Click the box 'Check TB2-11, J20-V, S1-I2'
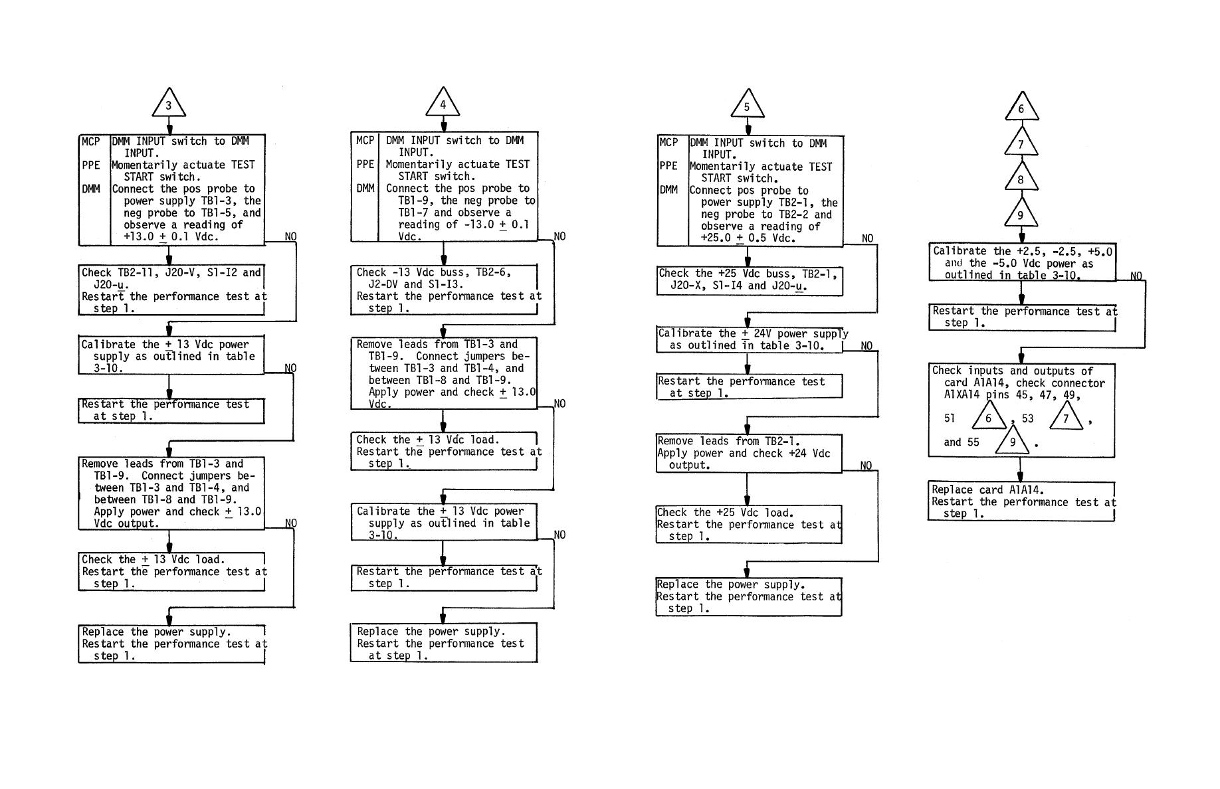(171, 290)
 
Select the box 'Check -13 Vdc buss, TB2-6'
(444, 290)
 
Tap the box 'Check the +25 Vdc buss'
(750, 280)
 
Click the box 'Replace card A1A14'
(1021, 501)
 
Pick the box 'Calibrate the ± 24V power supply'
(750, 339)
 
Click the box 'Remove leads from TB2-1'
(749, 453)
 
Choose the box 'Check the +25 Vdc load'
(749, 524)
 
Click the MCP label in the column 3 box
(91, 141)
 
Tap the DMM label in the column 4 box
(365, 188)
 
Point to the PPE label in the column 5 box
(668, 166)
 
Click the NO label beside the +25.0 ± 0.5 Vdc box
(867, 238)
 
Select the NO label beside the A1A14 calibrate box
(1136, 276)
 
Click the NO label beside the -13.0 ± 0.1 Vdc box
(559, 236)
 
